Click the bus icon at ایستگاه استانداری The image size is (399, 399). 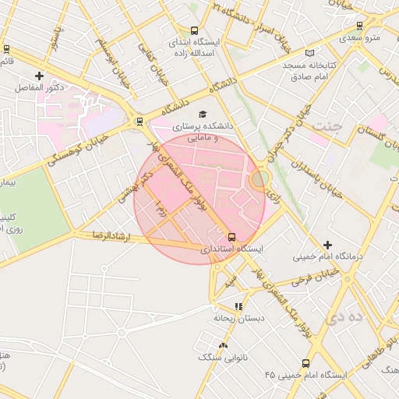pos(231,237)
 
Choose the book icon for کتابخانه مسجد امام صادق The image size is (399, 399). pos(310,53)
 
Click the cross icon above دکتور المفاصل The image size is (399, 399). pos(39,76)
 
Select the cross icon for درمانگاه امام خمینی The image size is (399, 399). pos(327,245)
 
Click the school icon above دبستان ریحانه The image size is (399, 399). pos(238,307)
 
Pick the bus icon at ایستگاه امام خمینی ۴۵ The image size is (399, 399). pos(305,363)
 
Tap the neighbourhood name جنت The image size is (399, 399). pos(327,126)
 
